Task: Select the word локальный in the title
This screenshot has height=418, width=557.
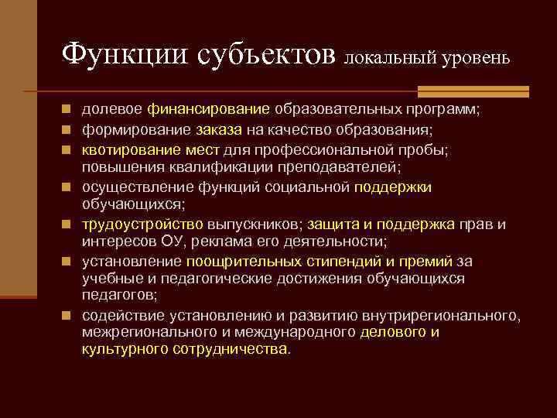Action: [382, 58]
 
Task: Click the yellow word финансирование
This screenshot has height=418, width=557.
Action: [210, 109]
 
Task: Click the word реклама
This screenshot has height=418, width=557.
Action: [220, 243]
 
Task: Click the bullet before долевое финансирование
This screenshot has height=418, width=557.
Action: [70, 110]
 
